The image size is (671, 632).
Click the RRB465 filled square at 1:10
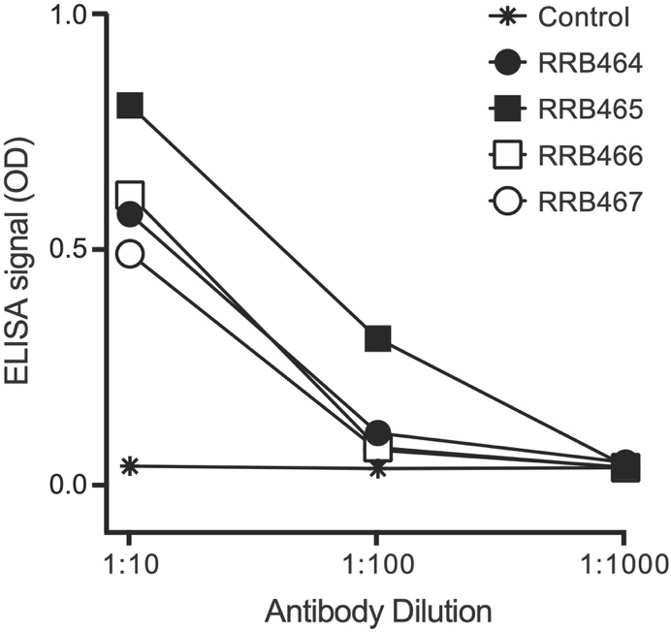tap(130, 105)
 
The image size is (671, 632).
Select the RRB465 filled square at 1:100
tap(378, 338)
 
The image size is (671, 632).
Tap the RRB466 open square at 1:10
tap(130, 195)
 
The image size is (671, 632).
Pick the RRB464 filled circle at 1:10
tap(130, 214)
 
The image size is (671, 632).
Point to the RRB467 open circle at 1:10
tap(130, 254)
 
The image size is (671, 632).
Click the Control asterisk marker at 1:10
tap(130, 466)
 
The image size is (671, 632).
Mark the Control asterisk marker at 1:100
tap(378, 469)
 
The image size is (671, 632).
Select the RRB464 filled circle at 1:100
tap(378, 432)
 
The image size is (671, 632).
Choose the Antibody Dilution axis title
tap(378, 612)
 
